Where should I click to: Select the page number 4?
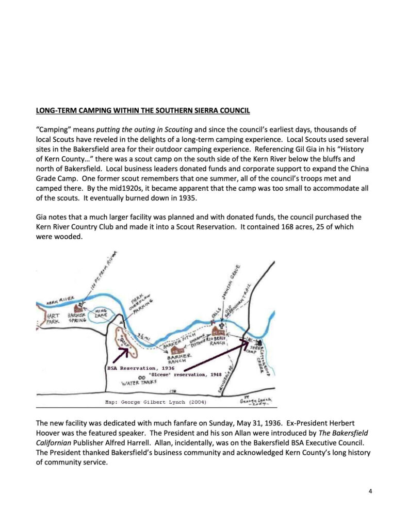point(370,490)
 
